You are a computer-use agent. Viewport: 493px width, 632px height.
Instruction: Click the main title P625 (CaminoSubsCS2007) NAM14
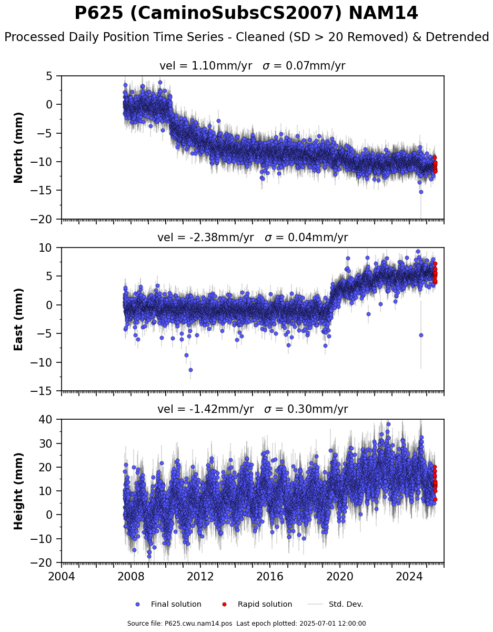click(x=246, y=13)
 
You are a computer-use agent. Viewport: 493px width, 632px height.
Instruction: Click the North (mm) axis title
click(x=18, y=147)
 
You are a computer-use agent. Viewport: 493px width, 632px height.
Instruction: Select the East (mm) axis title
click(x=18, y=319)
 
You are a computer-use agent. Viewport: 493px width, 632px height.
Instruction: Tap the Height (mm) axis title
click(x=18, y=491)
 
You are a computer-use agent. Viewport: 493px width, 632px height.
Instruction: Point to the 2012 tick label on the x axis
click(x=200, y=576)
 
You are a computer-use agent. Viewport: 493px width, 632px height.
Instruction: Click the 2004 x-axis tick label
click(x=62, y=576)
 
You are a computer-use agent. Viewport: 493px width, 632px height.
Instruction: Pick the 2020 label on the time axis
click(x=339, y=576)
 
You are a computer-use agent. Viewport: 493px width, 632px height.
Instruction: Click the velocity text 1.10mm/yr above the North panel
click(x=222, y=66)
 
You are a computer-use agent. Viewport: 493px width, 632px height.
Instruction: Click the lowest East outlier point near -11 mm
click(x=190, y=370)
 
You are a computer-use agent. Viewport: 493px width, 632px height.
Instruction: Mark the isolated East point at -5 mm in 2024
click(x=421, y=335)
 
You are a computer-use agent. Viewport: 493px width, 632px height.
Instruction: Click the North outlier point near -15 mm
click(x=421, y=192)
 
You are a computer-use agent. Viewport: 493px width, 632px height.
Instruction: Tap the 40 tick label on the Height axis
click(x=46, y=419)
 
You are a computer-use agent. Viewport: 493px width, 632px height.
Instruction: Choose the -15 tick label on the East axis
click(x=42, y=391)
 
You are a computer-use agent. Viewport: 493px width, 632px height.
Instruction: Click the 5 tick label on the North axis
click(x=49, y=76)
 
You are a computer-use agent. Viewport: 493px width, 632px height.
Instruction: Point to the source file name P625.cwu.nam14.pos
click(x=198, y=624)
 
